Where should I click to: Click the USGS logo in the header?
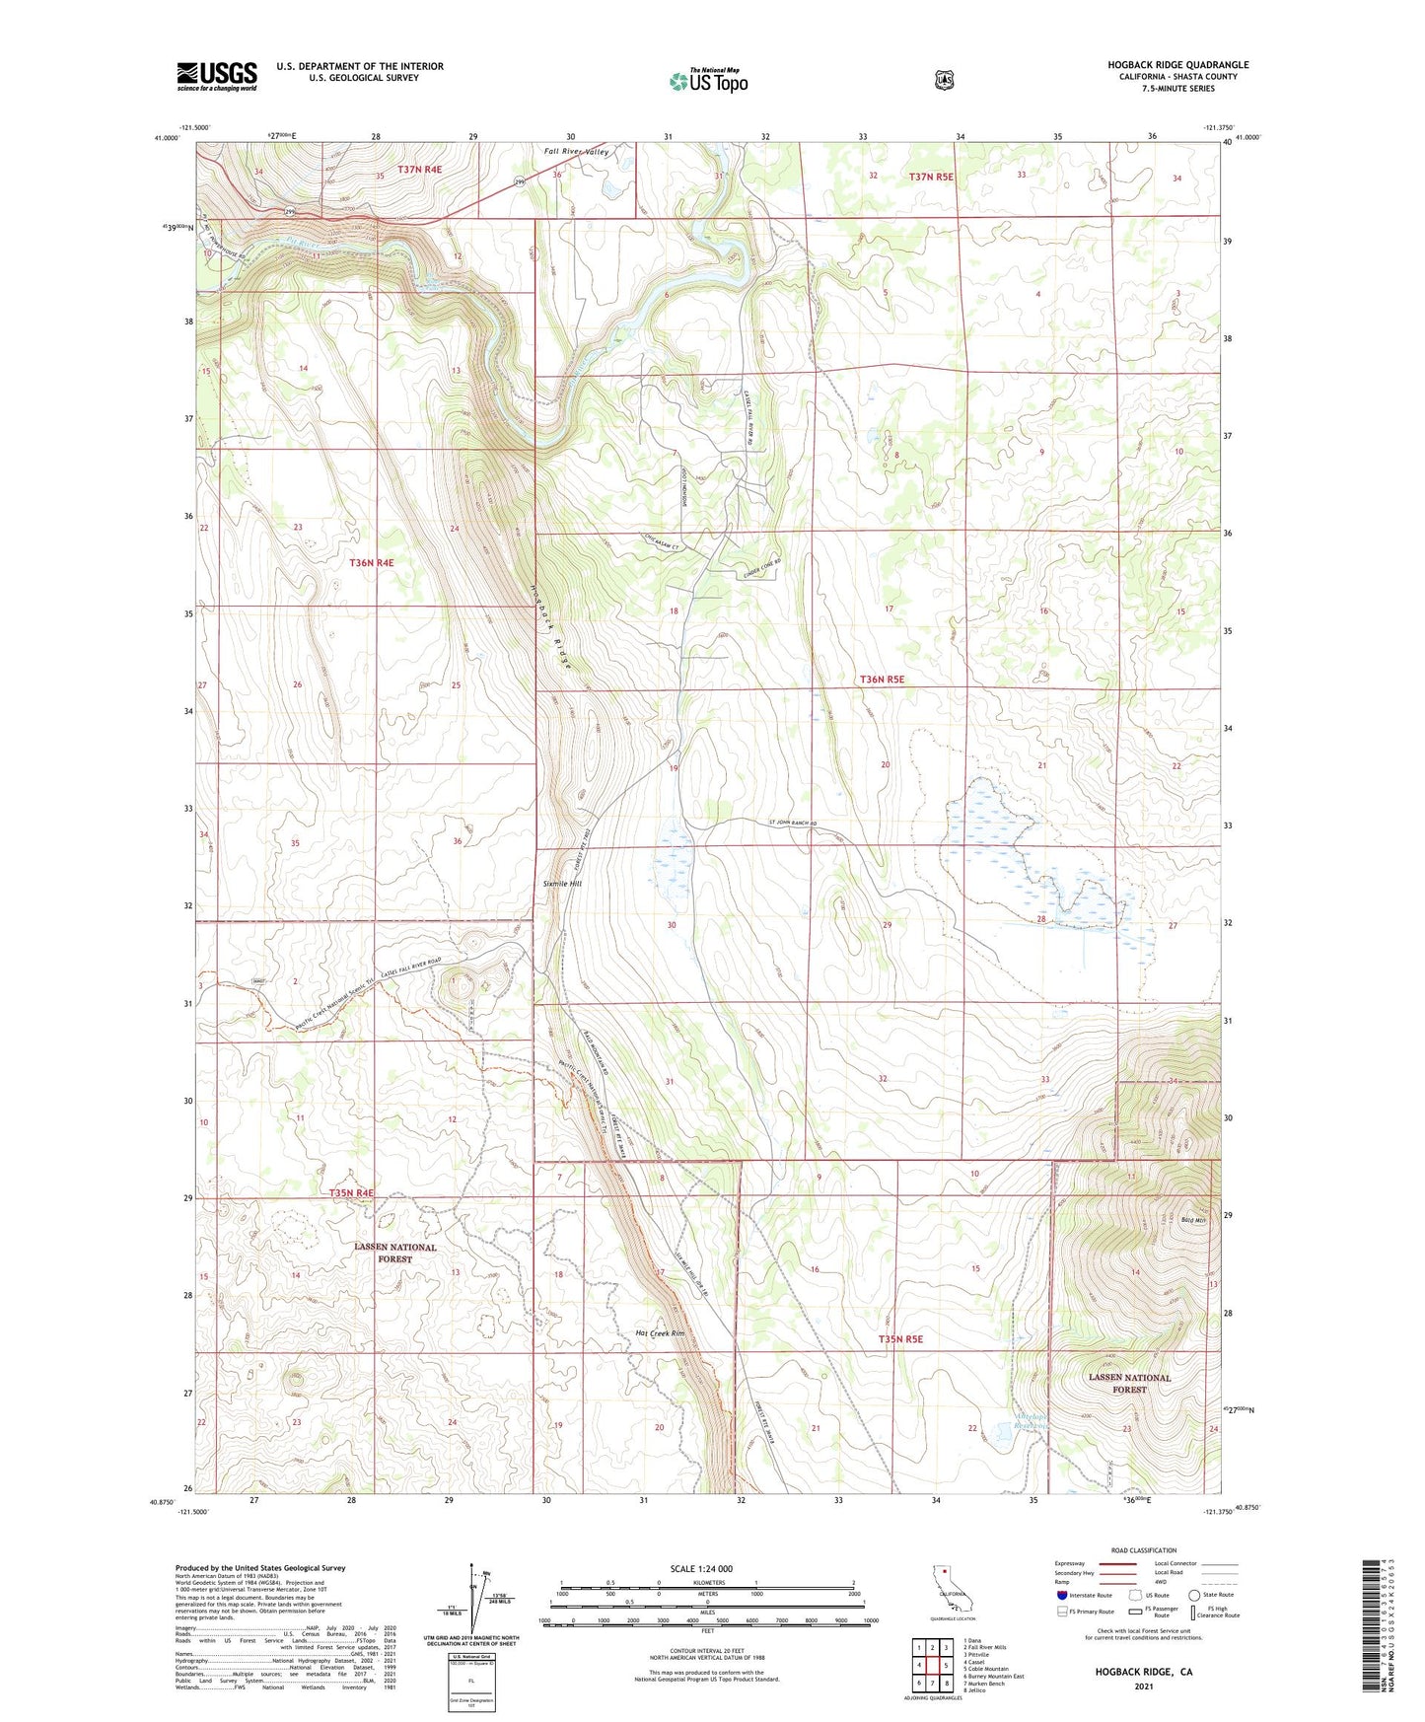(217, 75)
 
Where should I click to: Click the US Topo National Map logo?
(707, 80)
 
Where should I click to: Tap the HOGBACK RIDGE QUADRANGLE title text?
(1177, 65)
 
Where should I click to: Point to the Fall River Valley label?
(577, 152)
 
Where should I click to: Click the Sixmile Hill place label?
(562, 884)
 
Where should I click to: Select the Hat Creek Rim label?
(660, 1333)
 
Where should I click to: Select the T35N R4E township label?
(351, 1192)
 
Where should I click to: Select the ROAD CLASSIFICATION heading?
(1143, 1550)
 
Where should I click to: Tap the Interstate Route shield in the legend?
(1061, 1595)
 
